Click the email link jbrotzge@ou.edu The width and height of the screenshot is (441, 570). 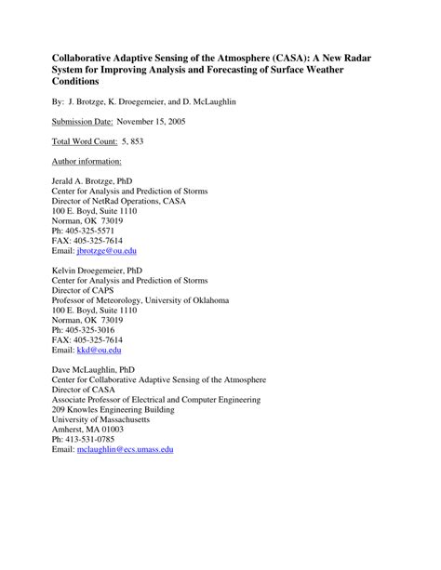pyautogui.click(x=107, y=251)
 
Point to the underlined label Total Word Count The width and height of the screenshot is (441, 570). pyautogui.click(x=83, y=140)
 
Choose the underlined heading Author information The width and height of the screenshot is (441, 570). pyautogui.click(x=82, y=160)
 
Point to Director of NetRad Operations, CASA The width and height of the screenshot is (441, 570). pyautogui.click(x=119, y=202)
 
